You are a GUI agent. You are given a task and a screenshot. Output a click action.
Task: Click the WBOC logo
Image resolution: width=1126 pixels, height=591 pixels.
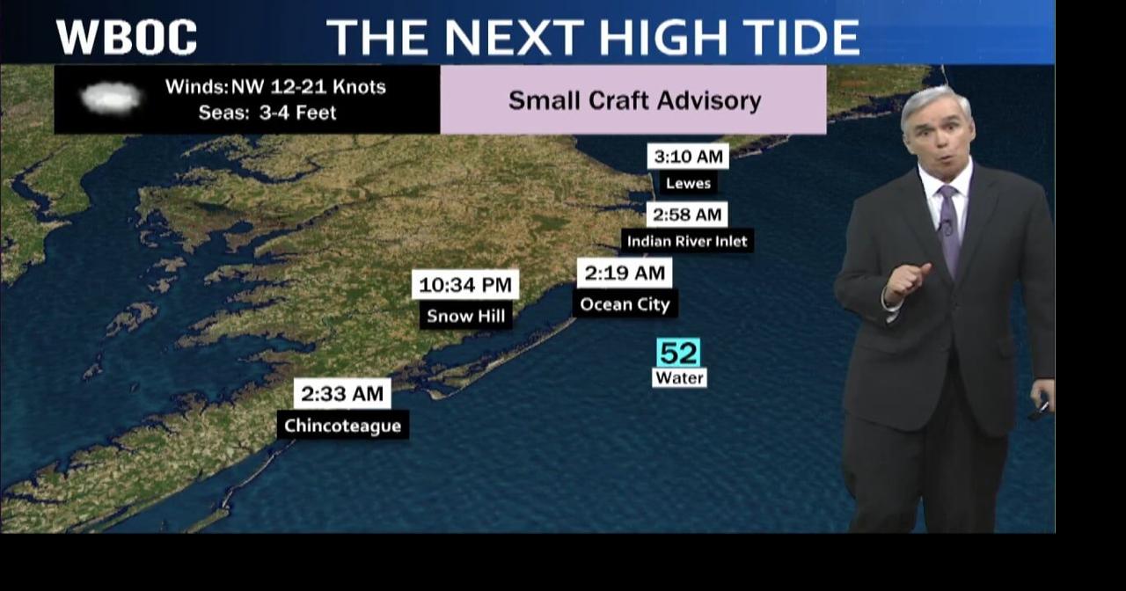click(x=127, y=37)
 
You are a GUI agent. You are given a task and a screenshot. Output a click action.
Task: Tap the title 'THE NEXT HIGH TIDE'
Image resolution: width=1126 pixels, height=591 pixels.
click(x=593, y=37)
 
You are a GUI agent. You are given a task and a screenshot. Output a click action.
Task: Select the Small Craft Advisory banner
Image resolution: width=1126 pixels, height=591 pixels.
click(x=633, y=100)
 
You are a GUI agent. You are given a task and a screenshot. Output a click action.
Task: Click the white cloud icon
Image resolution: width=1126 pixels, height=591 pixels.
click(x=111, y=98)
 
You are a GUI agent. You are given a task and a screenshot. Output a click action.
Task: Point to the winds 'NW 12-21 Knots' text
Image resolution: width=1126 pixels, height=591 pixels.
click(x=275, y=87)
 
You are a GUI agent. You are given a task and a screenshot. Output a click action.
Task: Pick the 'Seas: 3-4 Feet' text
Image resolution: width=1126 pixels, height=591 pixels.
click(x=267, y=113)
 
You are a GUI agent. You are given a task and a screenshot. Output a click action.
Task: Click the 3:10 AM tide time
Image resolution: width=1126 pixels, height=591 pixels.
click(x=688, y=157)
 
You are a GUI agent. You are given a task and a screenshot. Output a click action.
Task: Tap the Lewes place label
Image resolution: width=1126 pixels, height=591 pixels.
click(x=688, y=184)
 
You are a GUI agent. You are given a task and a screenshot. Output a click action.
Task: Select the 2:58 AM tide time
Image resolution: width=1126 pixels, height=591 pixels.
click(x=686, y=215)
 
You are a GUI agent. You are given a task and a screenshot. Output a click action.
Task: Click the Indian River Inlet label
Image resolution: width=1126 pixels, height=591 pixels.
click(x=687, y=241)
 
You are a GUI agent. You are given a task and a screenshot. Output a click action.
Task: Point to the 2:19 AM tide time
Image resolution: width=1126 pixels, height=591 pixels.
click(x=625, y=273)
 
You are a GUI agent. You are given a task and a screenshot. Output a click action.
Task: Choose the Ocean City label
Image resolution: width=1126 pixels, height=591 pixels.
click(x=625, y=305)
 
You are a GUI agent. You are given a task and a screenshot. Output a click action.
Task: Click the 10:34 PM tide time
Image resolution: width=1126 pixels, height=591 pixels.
click(x=465, y=285)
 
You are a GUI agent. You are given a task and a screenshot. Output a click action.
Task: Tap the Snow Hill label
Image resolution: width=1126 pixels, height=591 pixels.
click(x=465, y=316)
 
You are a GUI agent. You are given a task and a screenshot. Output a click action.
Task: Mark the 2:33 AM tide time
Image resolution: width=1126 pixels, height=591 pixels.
click(x=342, y=394)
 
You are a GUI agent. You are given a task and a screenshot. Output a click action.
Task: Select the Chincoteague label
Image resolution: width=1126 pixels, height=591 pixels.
click(x=342, y=426)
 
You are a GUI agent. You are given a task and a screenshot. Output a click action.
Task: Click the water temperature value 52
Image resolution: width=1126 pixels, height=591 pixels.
click(x=678, y=353)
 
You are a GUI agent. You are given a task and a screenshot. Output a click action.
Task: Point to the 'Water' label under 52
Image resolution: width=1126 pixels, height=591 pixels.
click(x=679, y=378)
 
